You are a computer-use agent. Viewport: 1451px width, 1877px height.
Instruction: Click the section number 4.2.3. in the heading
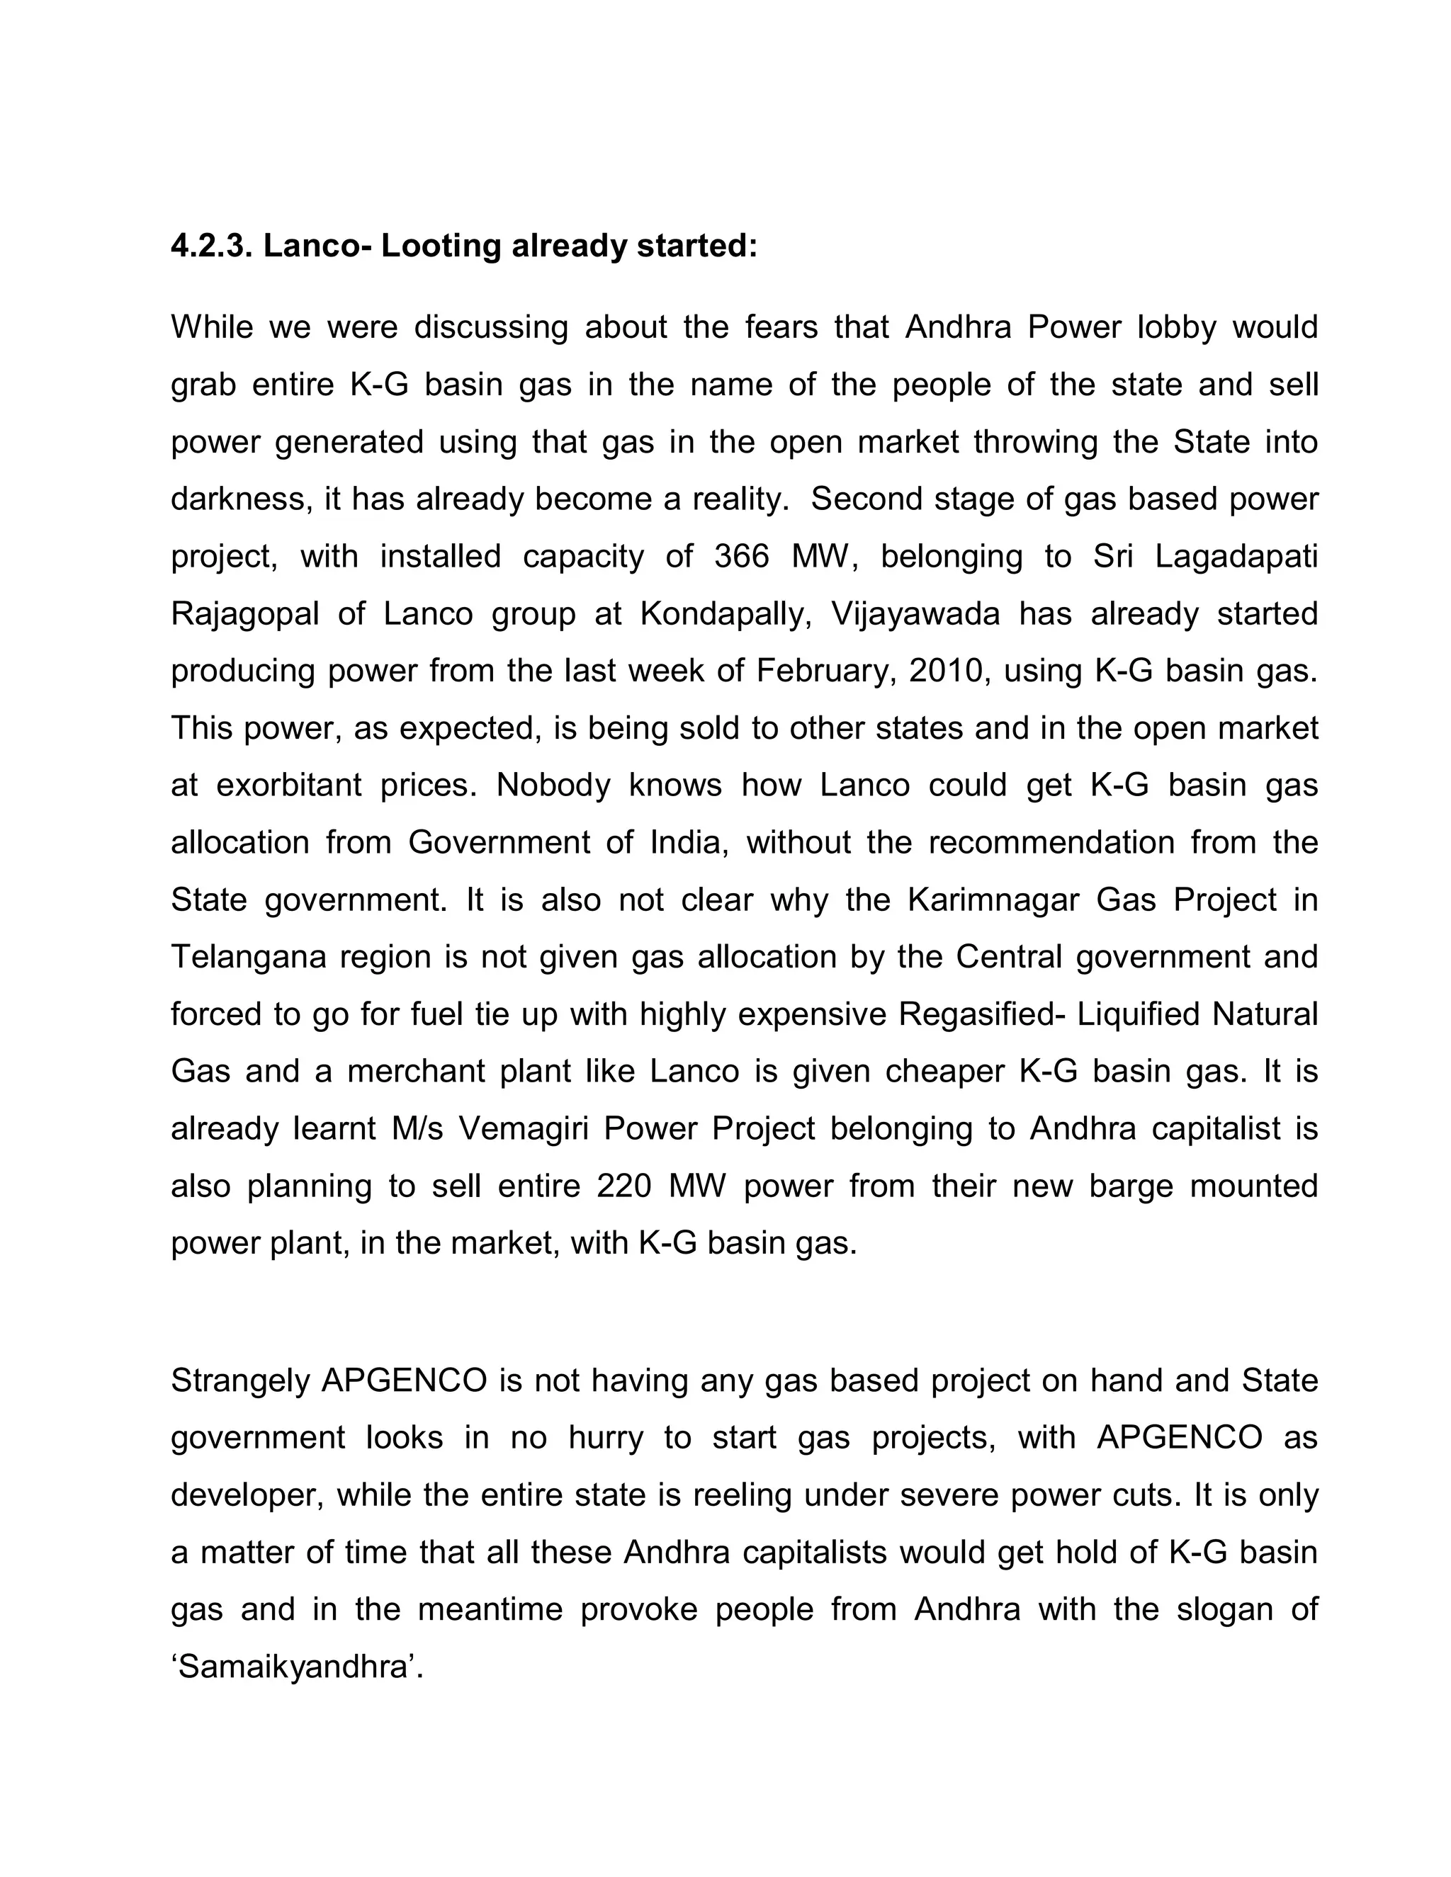pyautogui.click(x=210, y=246)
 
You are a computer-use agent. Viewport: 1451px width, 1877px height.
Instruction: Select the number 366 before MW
pyautogui.click(x=742, y=556)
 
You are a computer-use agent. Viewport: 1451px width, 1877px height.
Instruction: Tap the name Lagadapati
pyautogui.click(x=1235, y=556)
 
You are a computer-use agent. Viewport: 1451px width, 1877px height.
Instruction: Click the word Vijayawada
pyautogui.click(x=915, y=613)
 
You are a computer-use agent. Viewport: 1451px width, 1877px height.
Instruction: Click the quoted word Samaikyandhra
pyautogui.click(x=293, y=1667)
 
